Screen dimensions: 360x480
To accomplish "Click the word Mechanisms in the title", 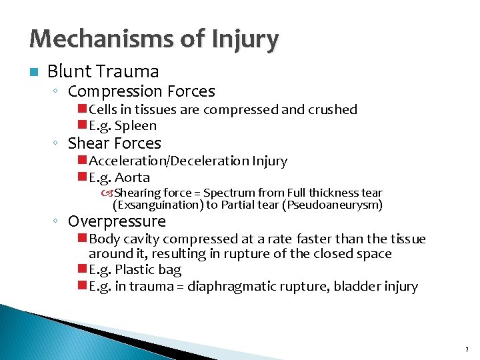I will click(x=86, y=40).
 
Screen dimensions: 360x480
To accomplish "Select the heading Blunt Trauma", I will click(x=103, y=71).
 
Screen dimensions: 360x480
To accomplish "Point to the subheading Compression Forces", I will click(x=141, y=91).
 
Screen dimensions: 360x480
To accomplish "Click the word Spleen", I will click(x=135, y=125).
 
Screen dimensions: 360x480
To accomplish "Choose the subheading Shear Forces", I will click(x=115, y=143).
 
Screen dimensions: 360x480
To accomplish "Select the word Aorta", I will click(x=132, y=177).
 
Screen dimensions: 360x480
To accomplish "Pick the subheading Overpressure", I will click(x=117, y=221).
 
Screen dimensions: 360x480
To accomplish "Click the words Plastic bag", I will click(x=148, y=270).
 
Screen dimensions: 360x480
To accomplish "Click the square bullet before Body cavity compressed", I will click(x=81, y=239).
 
